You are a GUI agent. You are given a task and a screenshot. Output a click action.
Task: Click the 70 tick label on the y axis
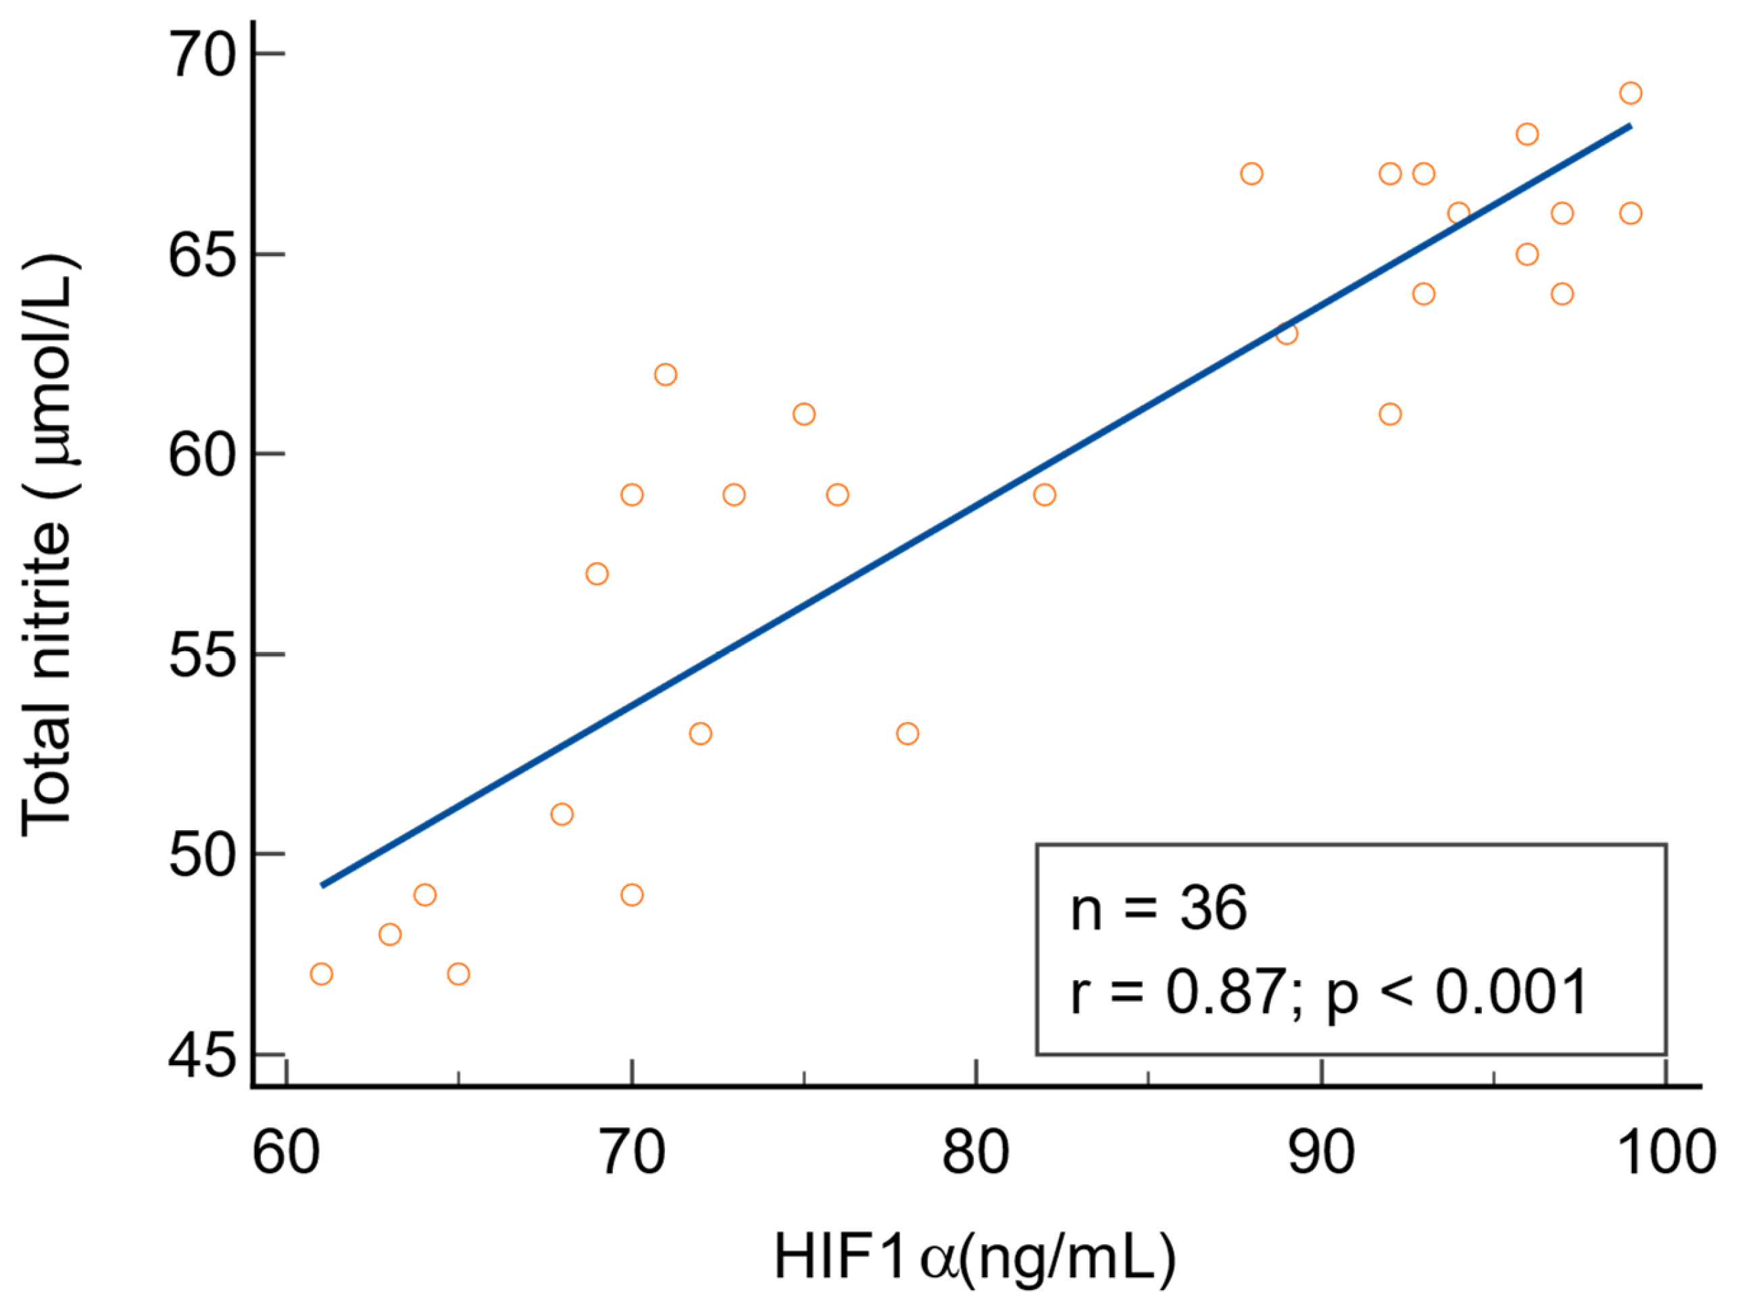tap(202, 55)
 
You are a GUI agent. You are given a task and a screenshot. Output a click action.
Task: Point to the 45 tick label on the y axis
tap(202, 1056)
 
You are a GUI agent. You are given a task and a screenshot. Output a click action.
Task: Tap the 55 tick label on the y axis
tap(202, 655)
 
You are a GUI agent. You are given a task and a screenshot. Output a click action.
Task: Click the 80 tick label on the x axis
tap(975, 1152)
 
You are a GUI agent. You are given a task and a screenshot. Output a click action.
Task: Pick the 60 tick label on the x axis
tap(286, 1152)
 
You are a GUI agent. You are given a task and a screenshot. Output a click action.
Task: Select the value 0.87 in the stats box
tap(1226, 992)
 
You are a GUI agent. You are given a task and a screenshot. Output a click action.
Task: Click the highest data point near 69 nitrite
tap(1631, 93)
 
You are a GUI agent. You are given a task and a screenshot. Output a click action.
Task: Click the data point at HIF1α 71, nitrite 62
tap(666, 375)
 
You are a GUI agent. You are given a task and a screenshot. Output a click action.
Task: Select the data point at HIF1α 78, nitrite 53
tap(908, 734)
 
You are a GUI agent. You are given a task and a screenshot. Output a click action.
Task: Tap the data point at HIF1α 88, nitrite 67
tap(1251, 174)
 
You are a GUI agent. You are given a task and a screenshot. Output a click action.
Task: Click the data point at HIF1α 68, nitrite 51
tap(562, 814)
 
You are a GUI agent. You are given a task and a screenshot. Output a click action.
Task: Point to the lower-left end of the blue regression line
tap(323, 886)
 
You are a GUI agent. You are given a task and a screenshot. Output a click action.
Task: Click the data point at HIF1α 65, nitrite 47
tap(459, 974)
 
